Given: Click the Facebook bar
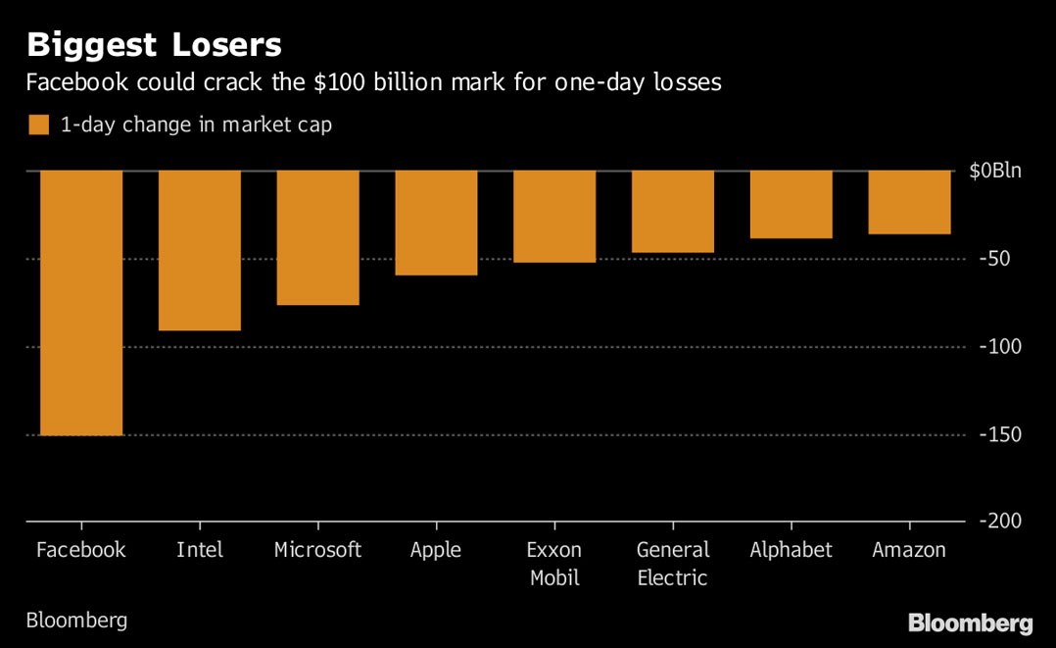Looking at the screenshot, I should click(x=81, y=303).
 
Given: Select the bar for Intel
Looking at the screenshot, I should click(x=200, y=251).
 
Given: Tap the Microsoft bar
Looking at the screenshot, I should click(x=317, y=238).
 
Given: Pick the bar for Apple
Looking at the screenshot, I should click(x=436, y=224).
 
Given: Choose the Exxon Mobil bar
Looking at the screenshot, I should click(x=554, y=217).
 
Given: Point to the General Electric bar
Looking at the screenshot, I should click(x=673, y=212).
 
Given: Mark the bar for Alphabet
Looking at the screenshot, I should click(x=792, y=205).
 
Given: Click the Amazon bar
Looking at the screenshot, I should click(x=909, y=203).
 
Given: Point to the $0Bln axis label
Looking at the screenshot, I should click(x=994, y=172).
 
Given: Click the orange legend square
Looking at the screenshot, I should click(x=38, y=125).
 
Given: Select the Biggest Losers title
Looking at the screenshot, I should click(x=154, y=44).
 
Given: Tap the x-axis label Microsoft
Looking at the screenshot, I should click(x=317, y=550).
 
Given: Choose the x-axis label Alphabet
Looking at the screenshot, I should click(x=792, y=550).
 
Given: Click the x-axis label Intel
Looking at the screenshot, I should click(x=200, y=550).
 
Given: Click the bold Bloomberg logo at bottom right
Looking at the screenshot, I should click(x=970, y=623).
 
